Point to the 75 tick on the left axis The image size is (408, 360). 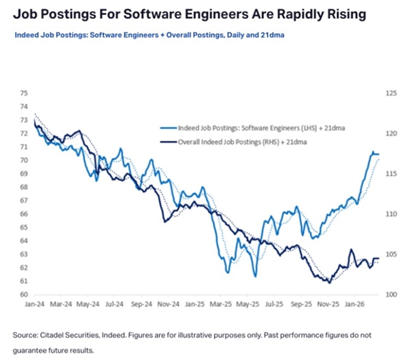[24, 93]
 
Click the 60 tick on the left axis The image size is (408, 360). [24, 295]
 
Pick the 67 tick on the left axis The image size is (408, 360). [24, 200]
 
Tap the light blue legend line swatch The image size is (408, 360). [167, 127]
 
